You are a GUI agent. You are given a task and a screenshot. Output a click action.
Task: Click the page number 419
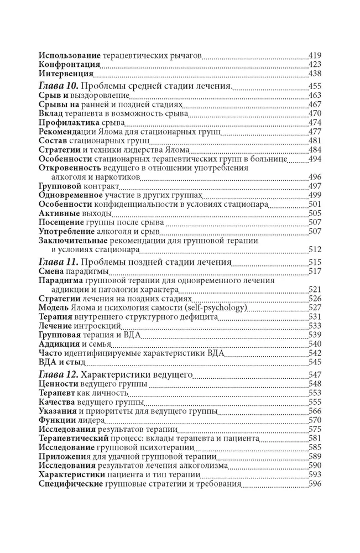(x=315, y=56)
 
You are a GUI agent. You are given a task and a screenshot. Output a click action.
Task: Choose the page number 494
(x=315, y=159)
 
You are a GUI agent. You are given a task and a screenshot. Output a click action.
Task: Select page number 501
(x=315, y=205)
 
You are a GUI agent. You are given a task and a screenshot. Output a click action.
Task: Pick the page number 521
(x=315, y=289)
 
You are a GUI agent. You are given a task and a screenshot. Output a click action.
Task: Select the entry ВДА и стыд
(x=62, y=362)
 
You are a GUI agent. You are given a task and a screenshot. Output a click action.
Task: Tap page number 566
(x=315, y=411)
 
